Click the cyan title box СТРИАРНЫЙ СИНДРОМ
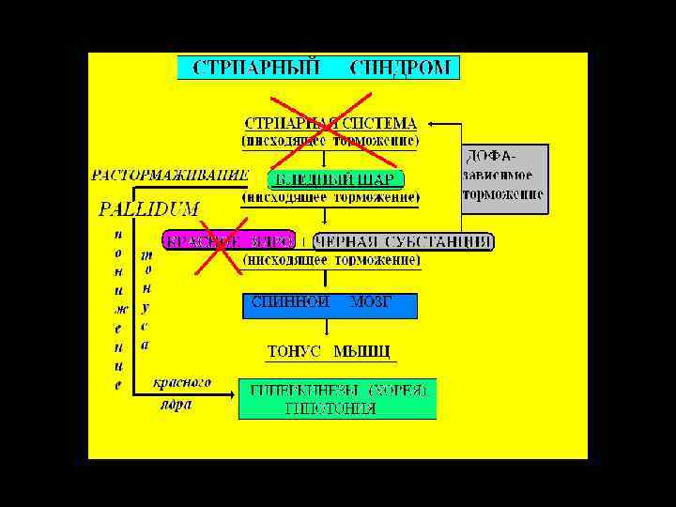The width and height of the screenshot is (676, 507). click(318, 68)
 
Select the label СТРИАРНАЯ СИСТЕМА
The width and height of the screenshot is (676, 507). click(330, 123)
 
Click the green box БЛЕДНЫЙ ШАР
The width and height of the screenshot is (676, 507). click(335, 179)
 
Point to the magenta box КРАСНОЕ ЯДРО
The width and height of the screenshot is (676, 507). click(229, 241)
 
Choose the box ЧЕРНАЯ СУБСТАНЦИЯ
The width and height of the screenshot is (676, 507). click(405, 241)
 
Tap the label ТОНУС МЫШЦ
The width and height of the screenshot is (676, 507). click(329, 352)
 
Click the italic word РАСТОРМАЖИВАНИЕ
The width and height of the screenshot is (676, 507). click(170, 174)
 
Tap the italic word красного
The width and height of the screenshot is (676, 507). click(181, 383)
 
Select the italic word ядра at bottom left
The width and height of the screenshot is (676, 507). click(175, 405)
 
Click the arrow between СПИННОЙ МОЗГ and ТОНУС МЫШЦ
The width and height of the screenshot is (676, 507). click(326, 329)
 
